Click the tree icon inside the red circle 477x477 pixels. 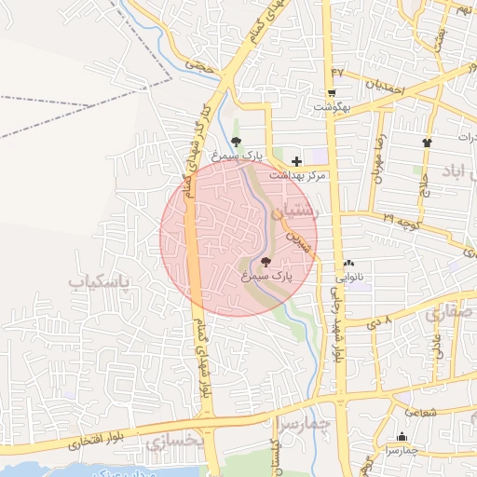point(266,262)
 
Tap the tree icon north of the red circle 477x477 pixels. point(236,142)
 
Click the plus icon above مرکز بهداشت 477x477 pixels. point(296,162)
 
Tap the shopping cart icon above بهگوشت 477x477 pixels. point(331,92)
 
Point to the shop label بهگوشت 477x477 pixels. point(331,105)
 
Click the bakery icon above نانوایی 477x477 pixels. point(349,264)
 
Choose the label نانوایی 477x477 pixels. point(350,277)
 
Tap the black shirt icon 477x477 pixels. point(428,143)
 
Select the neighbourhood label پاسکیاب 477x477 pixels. point(100,279)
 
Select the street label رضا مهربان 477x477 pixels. point(379,160)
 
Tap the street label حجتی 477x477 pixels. point(198,66)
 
